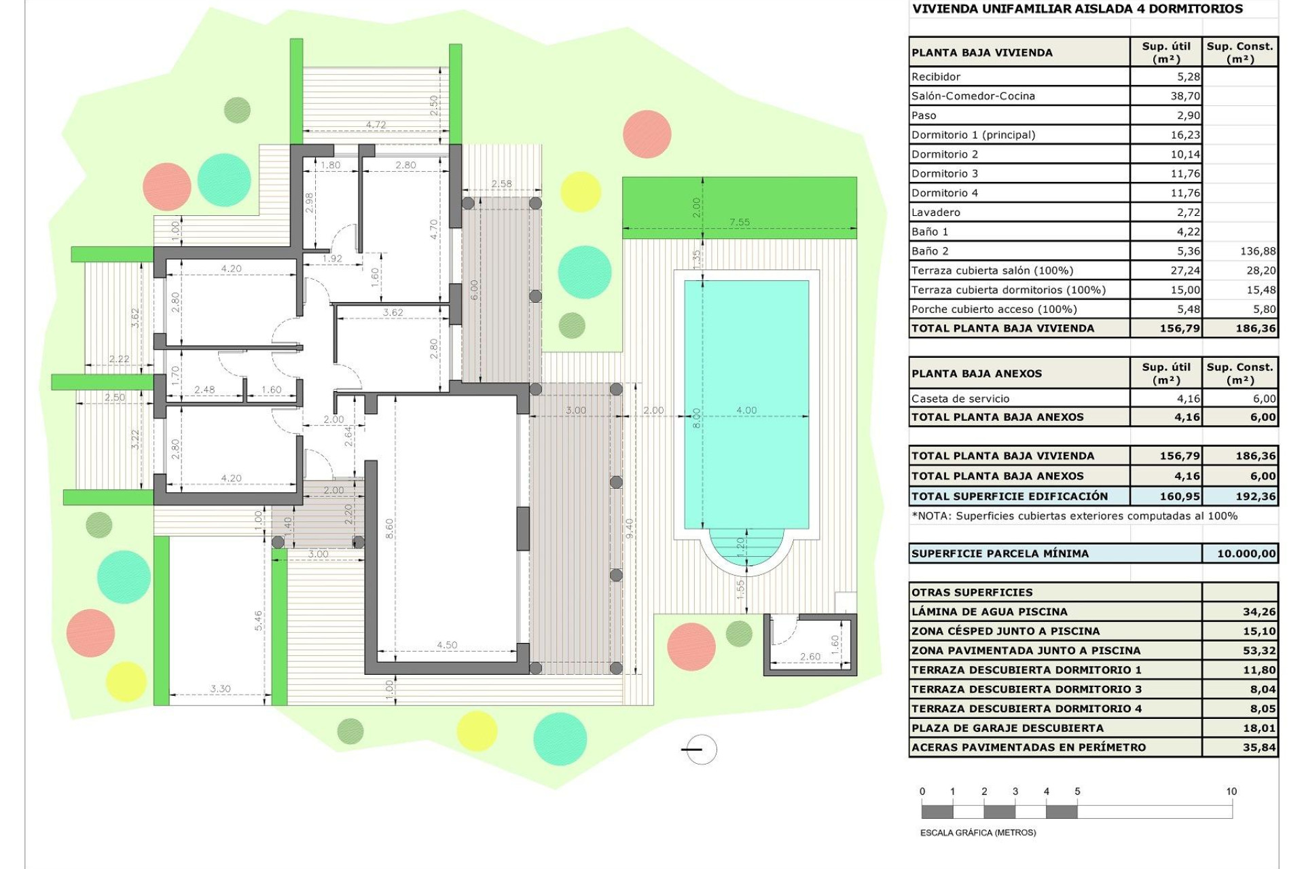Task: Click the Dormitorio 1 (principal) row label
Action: (973, 135)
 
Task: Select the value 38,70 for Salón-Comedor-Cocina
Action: (1185, 96)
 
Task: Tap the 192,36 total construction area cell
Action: (1255, 496)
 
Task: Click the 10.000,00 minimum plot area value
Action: (1246, 554)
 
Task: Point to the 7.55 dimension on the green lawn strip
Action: (739, 222)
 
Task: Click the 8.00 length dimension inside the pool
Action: (696, 417)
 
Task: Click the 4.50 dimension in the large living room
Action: (447, 645)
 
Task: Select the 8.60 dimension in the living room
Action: (389, 529)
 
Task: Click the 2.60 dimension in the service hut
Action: (810, 657)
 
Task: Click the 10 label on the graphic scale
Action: (1231, 792)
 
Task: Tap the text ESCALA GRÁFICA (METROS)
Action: (978, 832)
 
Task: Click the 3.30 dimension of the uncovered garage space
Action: (220, 688)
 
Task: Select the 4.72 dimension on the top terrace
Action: (376, 125)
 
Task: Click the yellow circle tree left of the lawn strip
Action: (581, 191)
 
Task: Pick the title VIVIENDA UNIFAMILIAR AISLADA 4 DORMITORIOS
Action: (1077, 9)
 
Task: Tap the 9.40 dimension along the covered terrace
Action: (630, 528)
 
